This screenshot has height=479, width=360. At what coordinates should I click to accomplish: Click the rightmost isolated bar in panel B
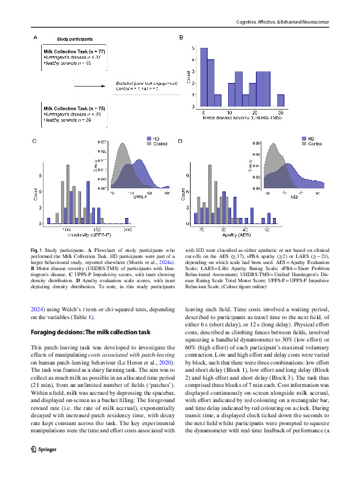(x=280, y=101)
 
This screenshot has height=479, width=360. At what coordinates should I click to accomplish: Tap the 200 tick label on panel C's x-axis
(x=127, y=230)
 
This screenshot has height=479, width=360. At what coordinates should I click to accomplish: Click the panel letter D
(x=180, y=141)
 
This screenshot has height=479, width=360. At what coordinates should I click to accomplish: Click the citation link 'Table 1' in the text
(x=82, y=317)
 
